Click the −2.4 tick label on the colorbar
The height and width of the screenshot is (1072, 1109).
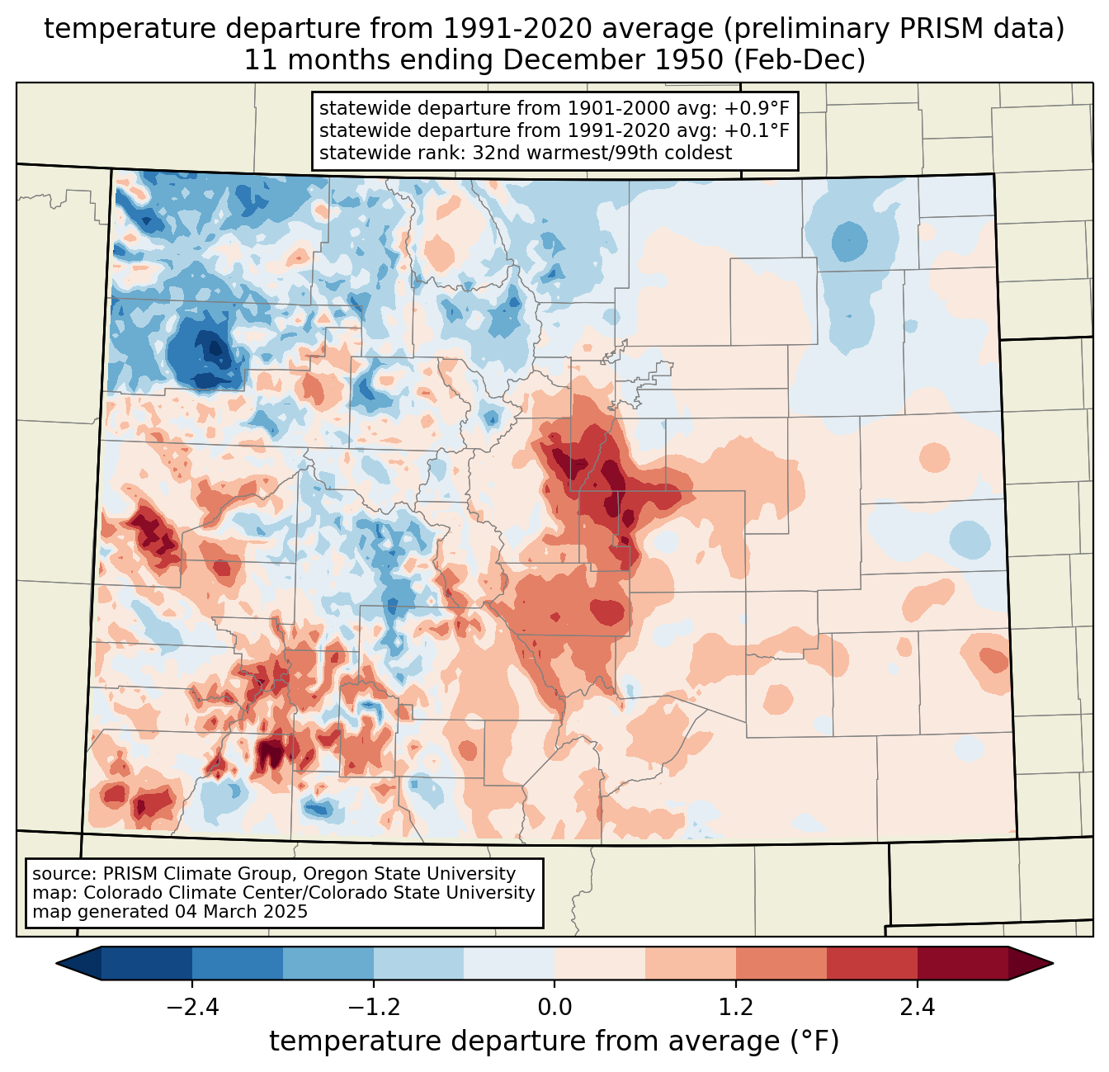coord(192,1008)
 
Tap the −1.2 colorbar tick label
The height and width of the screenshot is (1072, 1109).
coord(373,1008)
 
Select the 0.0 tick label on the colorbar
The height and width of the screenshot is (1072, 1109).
coord(554,1008)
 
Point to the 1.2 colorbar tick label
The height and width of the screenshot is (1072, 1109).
coord(736,1008)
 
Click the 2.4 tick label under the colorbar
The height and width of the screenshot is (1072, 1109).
coord(918,1008)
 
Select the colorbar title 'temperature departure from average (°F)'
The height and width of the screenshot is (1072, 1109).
coord(554,1041)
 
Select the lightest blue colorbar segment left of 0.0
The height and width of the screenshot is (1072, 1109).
coord(509,963)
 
